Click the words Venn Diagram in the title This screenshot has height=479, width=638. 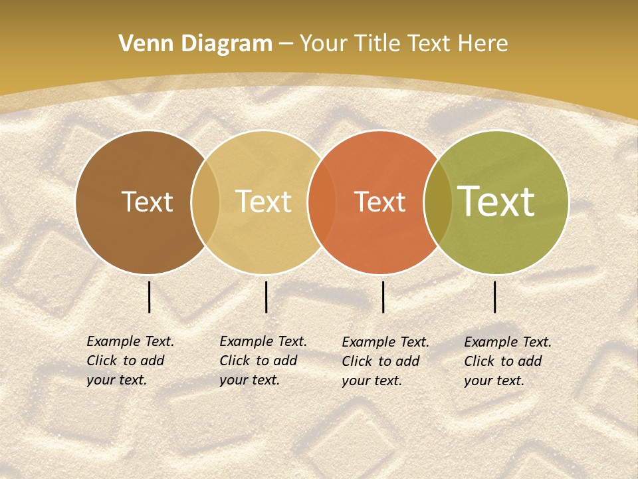(x=195, y=44)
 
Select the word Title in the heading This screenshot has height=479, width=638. (x=377, y=44)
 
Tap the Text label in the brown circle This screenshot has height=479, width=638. (x=147, y=202)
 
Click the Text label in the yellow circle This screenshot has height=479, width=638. (x=263, y=202)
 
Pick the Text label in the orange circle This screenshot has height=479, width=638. (x=379, y=202)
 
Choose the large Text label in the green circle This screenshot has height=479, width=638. (x=496, y=202)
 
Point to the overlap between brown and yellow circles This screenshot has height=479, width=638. (x=205, y=202)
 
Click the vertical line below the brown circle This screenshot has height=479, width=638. (x=150, y=297)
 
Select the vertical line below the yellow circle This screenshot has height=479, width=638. (x=266, y=297)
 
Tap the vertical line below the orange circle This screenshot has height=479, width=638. (x=383, y=297)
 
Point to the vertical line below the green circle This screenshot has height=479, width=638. (x=495, y=297)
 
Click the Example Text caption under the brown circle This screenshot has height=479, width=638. (x=130, y=361)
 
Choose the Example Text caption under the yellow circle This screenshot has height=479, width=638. (x=263, y=361)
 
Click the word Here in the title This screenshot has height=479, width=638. (x=483, y=44)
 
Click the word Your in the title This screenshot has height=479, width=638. (x=324, y=44)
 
